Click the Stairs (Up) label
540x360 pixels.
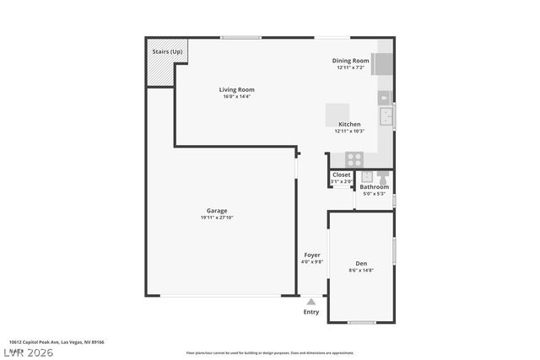tap(167, 51)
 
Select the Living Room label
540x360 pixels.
tap(236, 89)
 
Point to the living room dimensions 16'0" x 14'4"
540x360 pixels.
tap(236, 96)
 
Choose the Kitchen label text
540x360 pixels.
tap(349, 124)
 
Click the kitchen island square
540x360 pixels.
tap(338, 114)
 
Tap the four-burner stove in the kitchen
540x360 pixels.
tap(354, 158)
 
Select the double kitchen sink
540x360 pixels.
tap(386, 116)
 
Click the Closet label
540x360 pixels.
tap(341, 175)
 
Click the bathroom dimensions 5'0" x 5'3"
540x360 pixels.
tap(374, 194)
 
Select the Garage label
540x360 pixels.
tap(217, 211)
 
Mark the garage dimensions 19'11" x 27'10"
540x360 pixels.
tap(217, 218)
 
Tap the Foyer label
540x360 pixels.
tap(312, 255)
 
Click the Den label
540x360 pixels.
tap(361, 264)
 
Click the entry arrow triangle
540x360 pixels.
tap(311, 301)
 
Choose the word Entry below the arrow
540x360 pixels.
tap(311, 312)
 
